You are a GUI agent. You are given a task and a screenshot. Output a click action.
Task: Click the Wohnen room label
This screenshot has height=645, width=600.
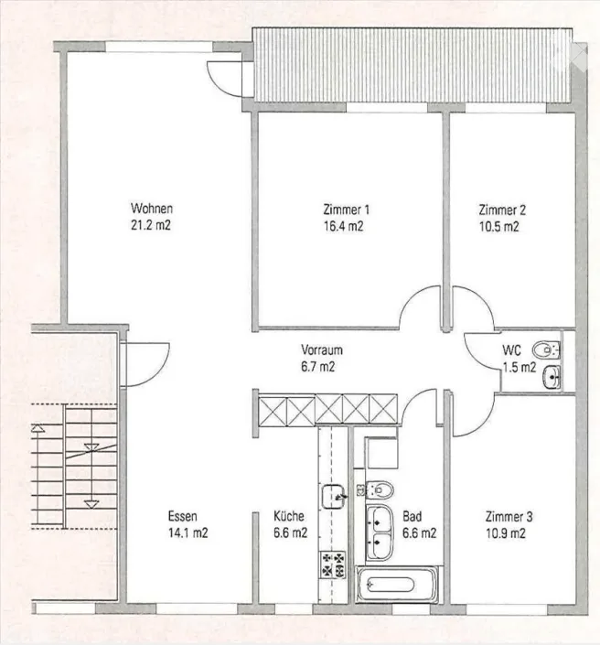point(151,209)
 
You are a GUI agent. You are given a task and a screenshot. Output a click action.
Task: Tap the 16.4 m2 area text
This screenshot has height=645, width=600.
point(343,226)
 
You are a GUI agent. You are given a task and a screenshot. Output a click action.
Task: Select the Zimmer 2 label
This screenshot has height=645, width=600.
point(502,210)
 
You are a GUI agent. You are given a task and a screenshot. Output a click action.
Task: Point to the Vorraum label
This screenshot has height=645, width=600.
point(322,349)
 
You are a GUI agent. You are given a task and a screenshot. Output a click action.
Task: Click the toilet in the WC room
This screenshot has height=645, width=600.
point(546,350)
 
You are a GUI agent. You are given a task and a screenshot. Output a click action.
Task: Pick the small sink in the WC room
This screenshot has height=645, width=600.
point(551,376)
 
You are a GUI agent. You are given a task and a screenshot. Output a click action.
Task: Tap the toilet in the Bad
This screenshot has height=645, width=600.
point(380,489)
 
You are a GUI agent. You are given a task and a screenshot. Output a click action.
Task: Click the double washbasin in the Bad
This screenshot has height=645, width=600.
point(380,532)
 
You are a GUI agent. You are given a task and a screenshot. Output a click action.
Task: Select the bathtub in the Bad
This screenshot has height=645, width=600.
point(396,584)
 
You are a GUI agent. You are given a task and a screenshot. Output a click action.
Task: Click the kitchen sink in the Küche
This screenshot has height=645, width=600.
point(333,497)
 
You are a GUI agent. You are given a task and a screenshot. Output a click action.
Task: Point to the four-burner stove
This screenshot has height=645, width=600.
point(333,564)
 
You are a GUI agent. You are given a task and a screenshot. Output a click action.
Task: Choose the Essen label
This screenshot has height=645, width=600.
point(183,516)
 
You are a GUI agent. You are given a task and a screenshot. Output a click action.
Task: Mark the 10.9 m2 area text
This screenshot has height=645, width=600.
point(506,533)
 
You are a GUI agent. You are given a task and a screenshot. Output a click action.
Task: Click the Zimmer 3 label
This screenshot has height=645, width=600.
point(509,516)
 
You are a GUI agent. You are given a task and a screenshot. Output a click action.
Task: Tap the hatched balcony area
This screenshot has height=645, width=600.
point(412,65)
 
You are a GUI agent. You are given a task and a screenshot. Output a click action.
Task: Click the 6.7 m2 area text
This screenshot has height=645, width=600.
point(318,366)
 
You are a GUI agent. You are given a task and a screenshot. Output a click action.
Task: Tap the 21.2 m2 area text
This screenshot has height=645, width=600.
point(151,225)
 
